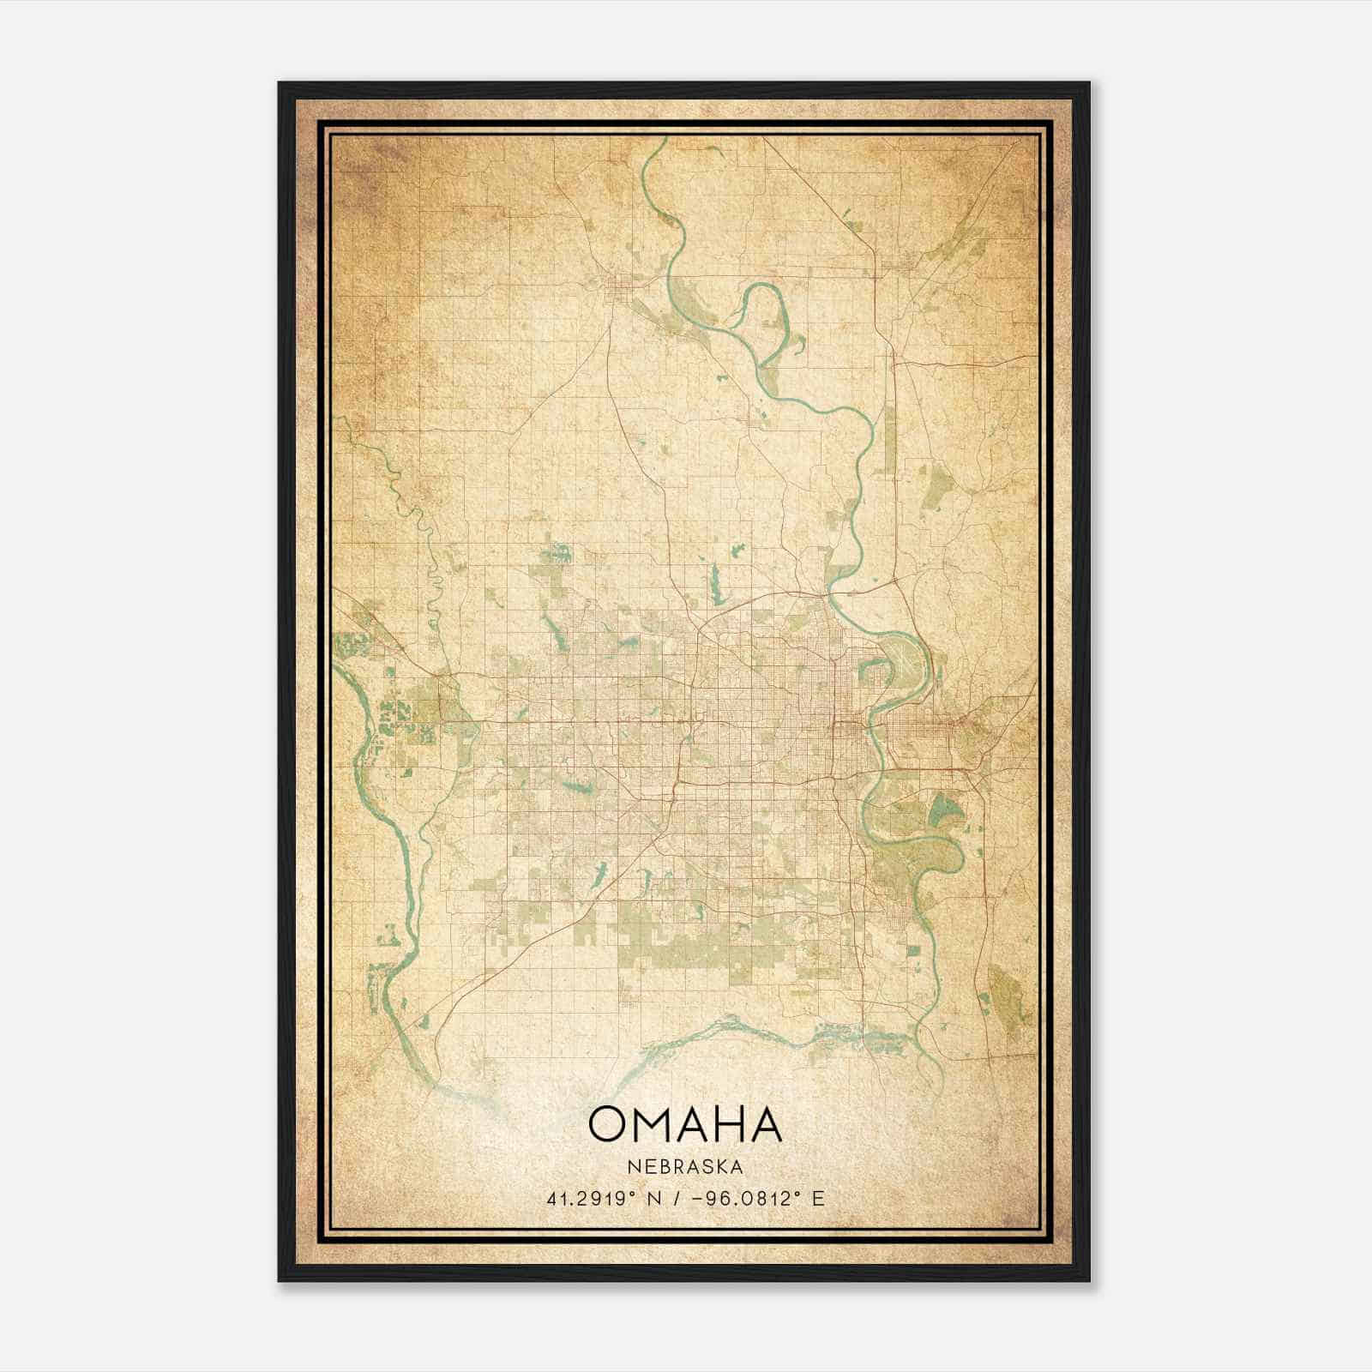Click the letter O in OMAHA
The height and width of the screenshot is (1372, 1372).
611,1124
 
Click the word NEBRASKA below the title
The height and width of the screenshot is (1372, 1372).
685,1167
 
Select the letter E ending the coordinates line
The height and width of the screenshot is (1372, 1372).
819,1199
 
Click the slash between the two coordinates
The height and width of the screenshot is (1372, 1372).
681,1199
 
